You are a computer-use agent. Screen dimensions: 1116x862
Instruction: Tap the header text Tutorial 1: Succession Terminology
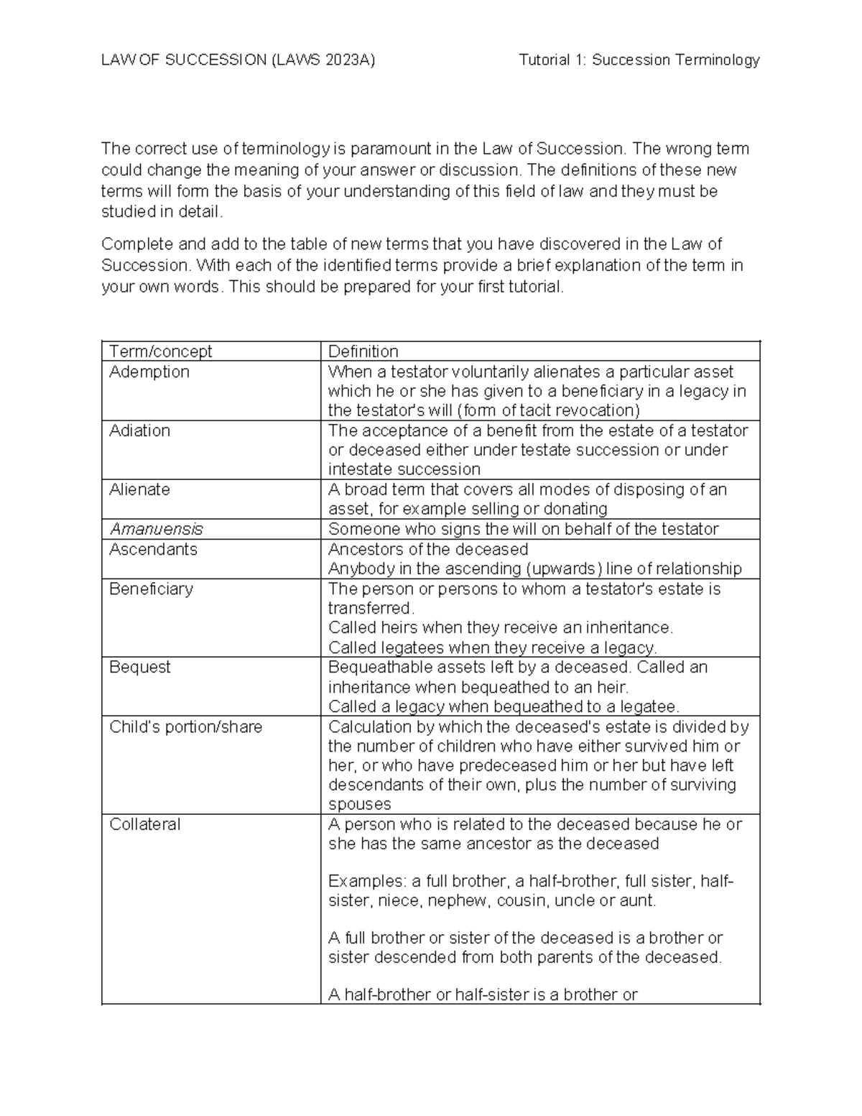639,60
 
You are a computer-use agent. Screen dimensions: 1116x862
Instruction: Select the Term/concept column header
160,351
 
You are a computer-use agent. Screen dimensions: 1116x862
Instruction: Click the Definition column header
363,351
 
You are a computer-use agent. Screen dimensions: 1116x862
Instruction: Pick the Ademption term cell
149,372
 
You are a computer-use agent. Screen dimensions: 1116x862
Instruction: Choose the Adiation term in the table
139,430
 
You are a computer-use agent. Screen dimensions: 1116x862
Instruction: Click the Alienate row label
139,489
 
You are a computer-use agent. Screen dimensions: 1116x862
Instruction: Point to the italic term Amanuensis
156,529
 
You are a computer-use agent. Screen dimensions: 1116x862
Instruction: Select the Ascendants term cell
153,549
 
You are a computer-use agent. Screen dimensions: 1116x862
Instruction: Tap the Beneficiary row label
151,589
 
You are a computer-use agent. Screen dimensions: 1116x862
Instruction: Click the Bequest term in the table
139,667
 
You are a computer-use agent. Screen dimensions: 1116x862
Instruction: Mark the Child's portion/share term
185,727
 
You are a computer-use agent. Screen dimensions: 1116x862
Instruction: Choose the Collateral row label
144,824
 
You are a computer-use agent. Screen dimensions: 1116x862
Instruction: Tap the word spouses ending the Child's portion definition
359,804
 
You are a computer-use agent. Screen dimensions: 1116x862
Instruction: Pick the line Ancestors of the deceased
428,549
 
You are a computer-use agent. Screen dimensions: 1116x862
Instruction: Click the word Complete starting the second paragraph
134,244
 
